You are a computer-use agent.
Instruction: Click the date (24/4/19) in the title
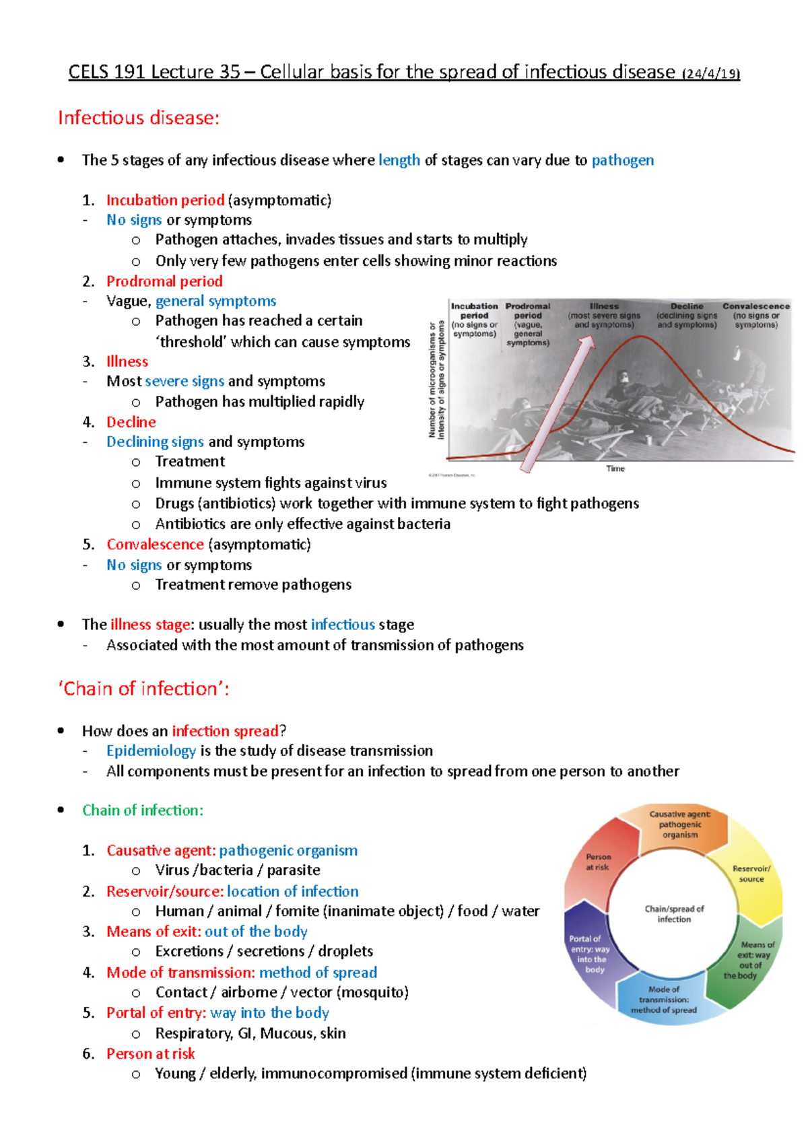point(711,73)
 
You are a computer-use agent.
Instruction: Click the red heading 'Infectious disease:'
point(139,118)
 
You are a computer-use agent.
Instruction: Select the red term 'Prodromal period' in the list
point(164,281)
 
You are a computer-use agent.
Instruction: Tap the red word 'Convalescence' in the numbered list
point(155,544)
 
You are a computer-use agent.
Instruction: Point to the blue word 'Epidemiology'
point(151,751)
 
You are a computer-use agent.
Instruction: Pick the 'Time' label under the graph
point(615,469)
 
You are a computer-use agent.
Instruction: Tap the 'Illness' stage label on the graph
point(604,306)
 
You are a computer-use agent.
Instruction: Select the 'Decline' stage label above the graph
point(687,306)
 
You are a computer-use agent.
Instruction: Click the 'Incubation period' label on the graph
point(475,311)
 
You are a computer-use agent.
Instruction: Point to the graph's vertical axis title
point(436,380)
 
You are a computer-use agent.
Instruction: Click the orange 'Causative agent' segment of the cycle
point(680,825)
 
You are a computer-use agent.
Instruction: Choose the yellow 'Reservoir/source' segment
point(751,874)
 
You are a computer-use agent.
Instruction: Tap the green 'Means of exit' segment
point(751,959)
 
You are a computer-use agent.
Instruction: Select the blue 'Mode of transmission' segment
point(664,1000)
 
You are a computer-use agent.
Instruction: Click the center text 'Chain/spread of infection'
point(674,913)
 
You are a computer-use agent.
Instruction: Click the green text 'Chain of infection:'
point(143,810)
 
